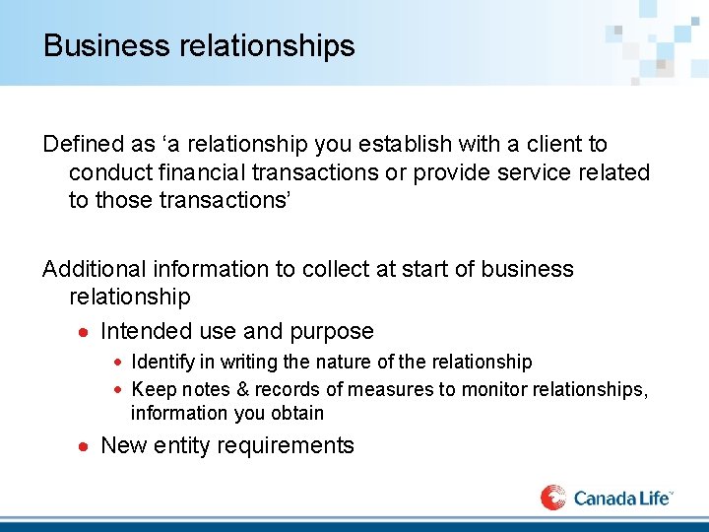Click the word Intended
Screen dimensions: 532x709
(x=146, y=331)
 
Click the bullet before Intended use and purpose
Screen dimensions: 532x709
(x=85, y=332)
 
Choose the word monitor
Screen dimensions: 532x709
(x=469, y=390)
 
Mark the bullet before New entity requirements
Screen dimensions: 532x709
(x=85, y=446)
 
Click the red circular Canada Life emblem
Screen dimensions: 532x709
(x=553, y=497)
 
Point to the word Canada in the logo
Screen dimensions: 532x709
(x=604, y=499)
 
